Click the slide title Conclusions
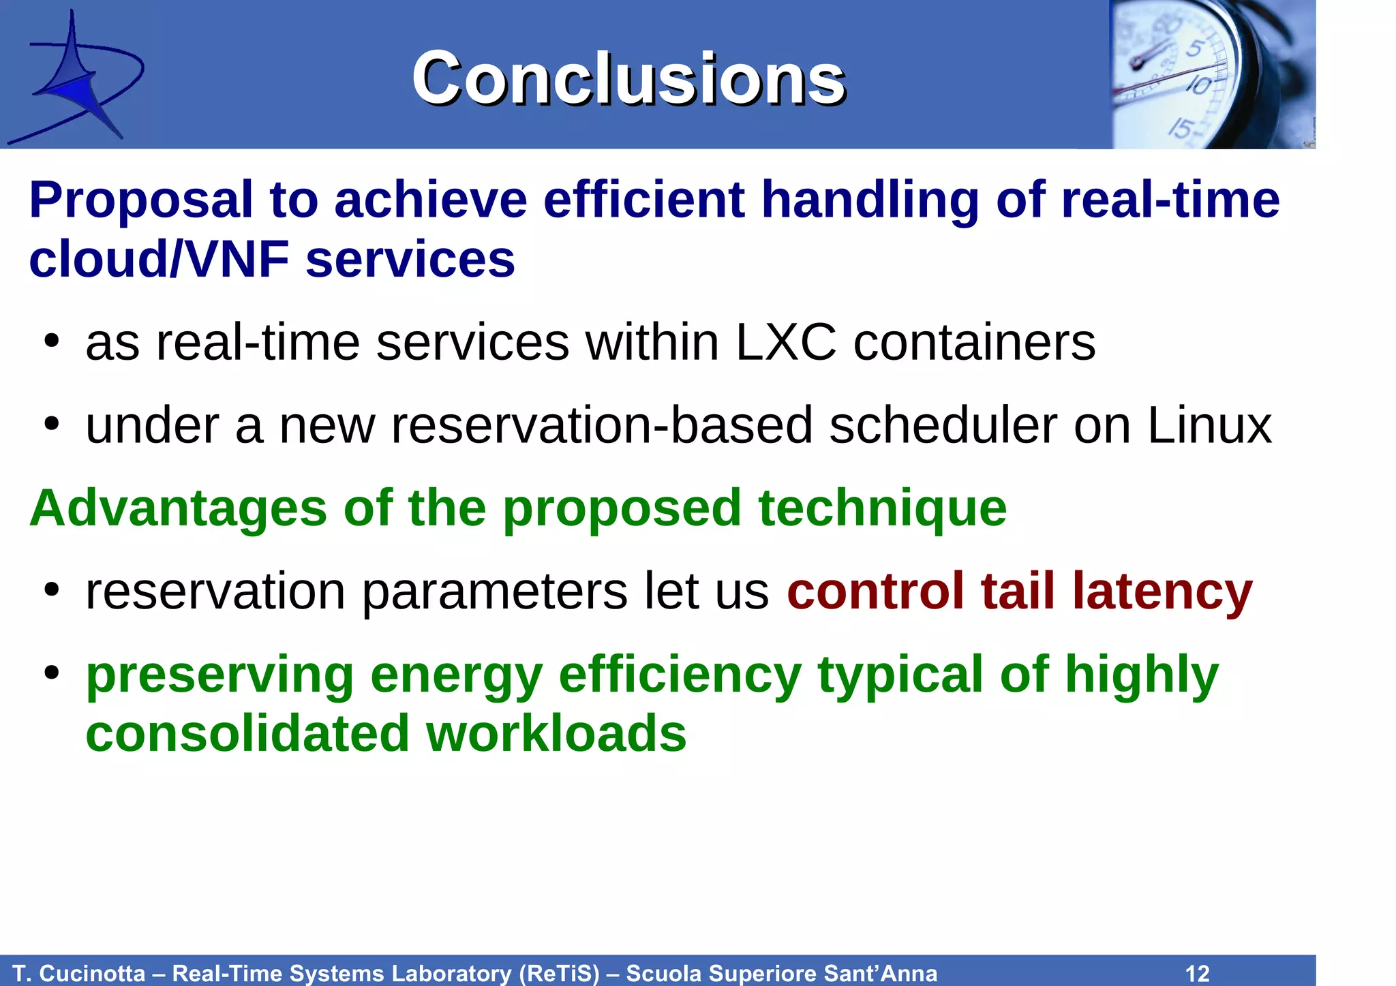(x=628, y=79)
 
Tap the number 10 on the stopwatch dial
(x=1198, y=85)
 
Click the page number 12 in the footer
(x=1197, y=973)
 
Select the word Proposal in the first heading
(x=140, y=200)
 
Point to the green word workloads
(x=556, y=734)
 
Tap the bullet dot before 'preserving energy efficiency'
(x=52, y=673)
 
